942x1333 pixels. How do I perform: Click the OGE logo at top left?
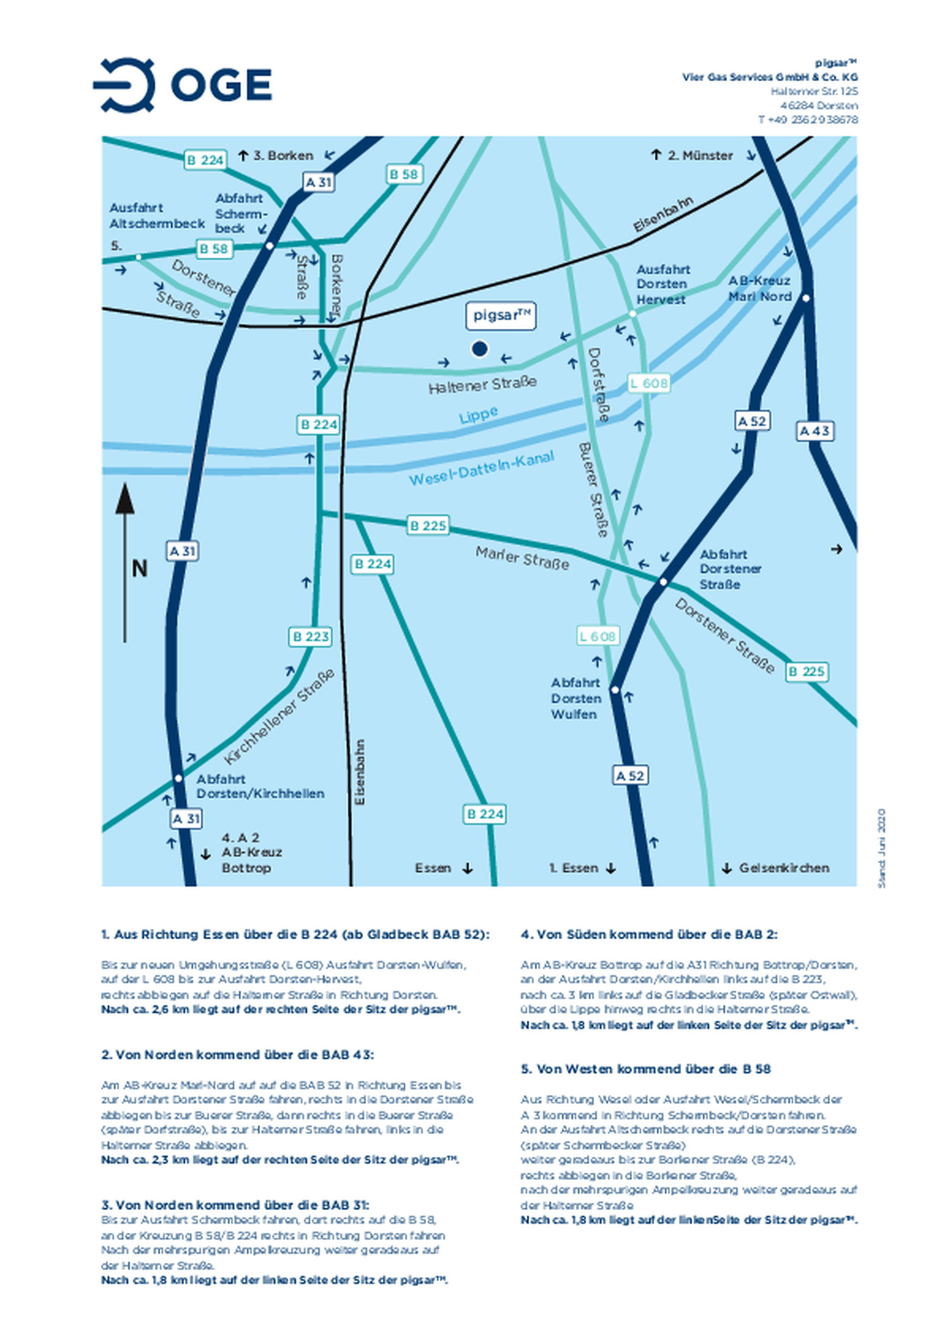click(x=183, y=85)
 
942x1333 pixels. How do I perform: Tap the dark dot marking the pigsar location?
click(x=480, y=349)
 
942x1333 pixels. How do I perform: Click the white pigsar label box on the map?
click(x=501, y=316)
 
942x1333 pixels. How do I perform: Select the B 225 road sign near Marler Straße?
click(x=428, y=525)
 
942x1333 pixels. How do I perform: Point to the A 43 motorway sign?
click(x=815, y=431)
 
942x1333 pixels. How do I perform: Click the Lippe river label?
click(x=478, y=415)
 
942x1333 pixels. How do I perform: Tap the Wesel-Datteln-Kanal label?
click(x=481, y=468)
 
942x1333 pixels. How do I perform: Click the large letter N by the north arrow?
click(x=139, y=568)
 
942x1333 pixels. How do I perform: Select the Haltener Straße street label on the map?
click(x=483, y=385)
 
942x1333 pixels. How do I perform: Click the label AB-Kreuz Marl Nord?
click(x=760, y=288)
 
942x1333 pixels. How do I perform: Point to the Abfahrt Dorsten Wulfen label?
click(x=575, y=698)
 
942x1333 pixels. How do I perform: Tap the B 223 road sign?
click(x=311, y=636)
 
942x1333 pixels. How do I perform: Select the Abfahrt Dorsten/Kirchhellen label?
click(x=260, y=786)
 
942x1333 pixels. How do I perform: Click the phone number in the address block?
click(x=808, y=120)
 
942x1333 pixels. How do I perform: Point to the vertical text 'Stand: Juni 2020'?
click(x=881, y=848)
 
